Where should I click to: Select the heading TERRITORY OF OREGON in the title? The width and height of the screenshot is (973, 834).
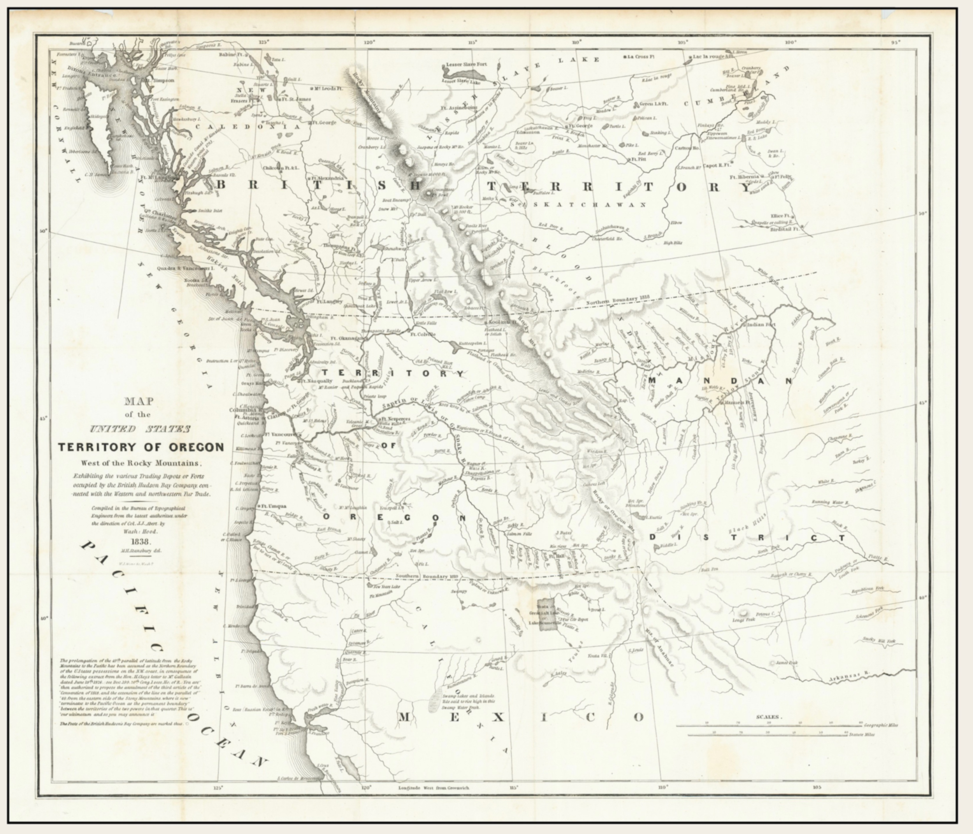pos(141,447)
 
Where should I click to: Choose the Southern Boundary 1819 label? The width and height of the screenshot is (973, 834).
pos(427,576)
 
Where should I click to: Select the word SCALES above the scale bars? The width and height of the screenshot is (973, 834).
pos(768,717)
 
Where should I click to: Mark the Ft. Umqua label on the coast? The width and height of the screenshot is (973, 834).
pos(274,506)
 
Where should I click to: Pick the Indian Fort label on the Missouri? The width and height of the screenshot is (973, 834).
pos(761,325)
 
